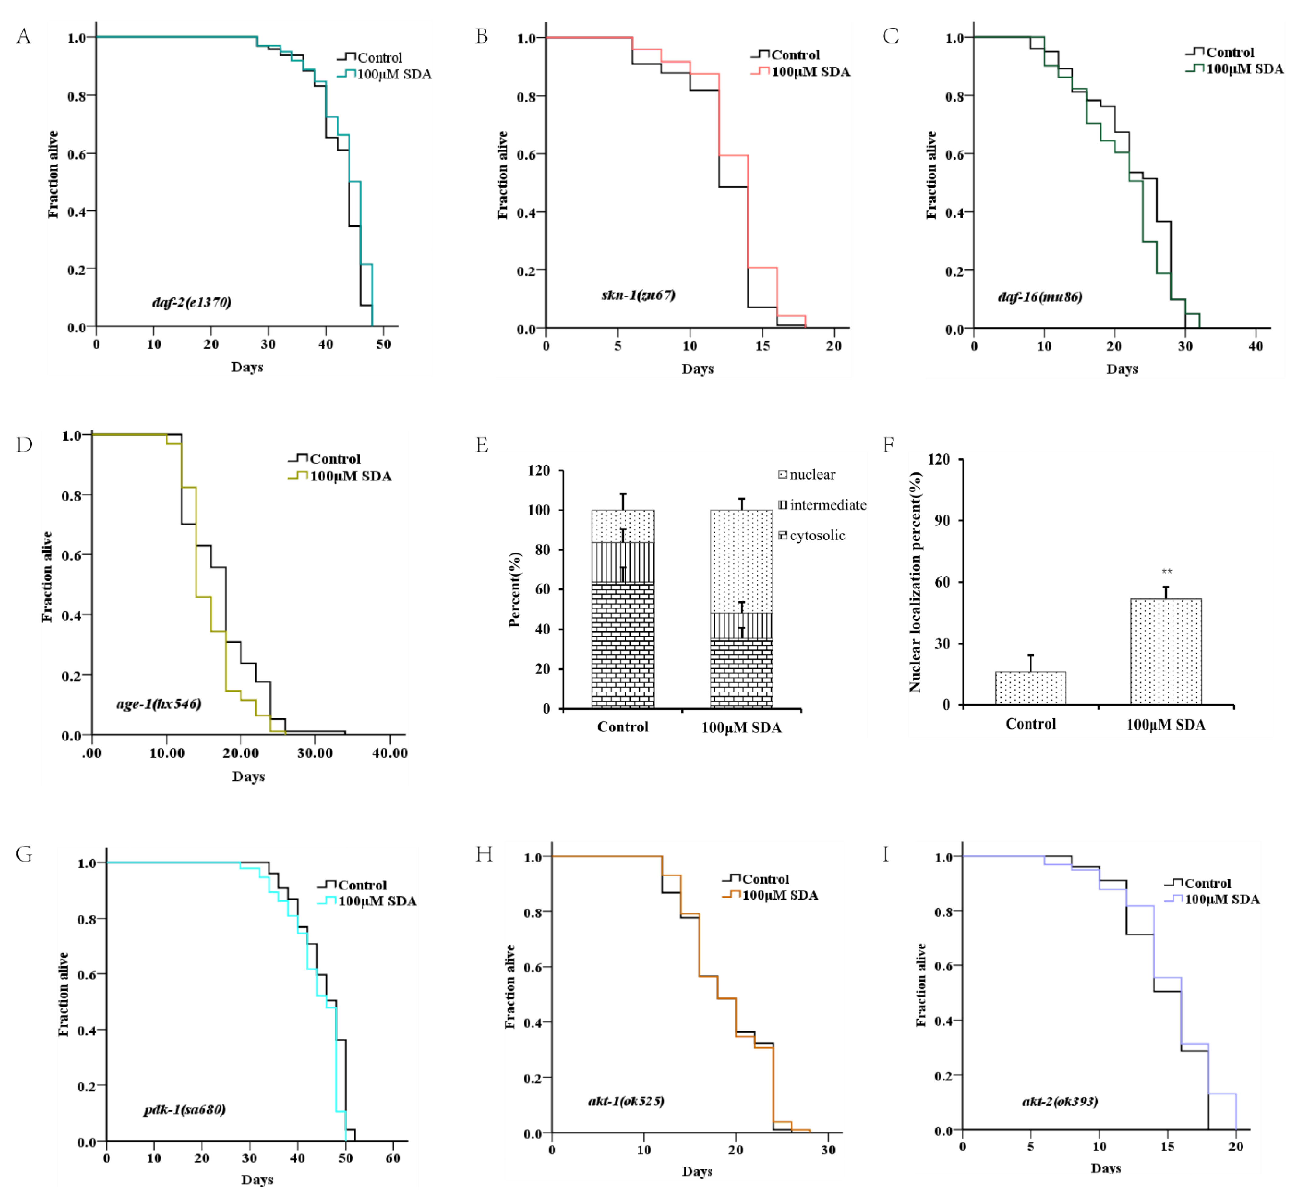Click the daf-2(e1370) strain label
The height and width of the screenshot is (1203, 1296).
pyautogui.click(x=191, y=302)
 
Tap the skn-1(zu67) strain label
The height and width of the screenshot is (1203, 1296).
pyautogui.click(x=638, y=295)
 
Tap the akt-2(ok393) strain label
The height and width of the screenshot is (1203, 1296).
pyautogui.click(x=1060, y=1101)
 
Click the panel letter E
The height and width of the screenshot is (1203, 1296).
pyautogui.click(x=482, y=445)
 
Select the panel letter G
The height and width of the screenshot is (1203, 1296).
pyautogui.click(x=24, y=853)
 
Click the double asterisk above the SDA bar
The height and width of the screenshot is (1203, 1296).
pyautogui.click(x=1166, y=572)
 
